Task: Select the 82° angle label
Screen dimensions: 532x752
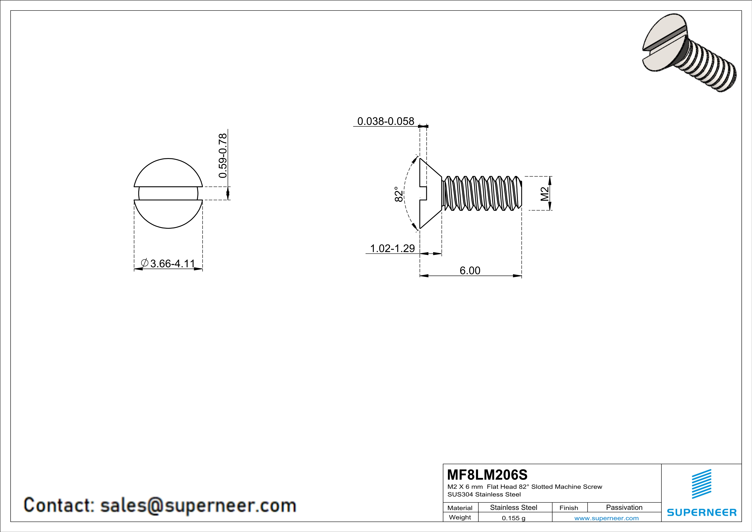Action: [x=398, y=194]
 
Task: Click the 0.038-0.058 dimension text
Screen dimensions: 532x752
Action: [x=386, y=121]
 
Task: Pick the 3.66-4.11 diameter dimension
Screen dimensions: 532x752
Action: [x=172, y=263]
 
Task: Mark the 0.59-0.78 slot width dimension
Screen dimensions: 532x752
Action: [x=222, y=155]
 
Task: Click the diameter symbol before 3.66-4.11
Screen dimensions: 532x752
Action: [x=145, y=263]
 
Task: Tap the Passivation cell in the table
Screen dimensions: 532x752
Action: [x=624, y=507]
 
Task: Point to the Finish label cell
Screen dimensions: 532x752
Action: [x=569, y=508]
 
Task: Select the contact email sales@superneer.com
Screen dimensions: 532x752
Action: [x=198, y=505]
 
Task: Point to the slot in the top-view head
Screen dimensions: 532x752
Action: [x=168, y=193]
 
